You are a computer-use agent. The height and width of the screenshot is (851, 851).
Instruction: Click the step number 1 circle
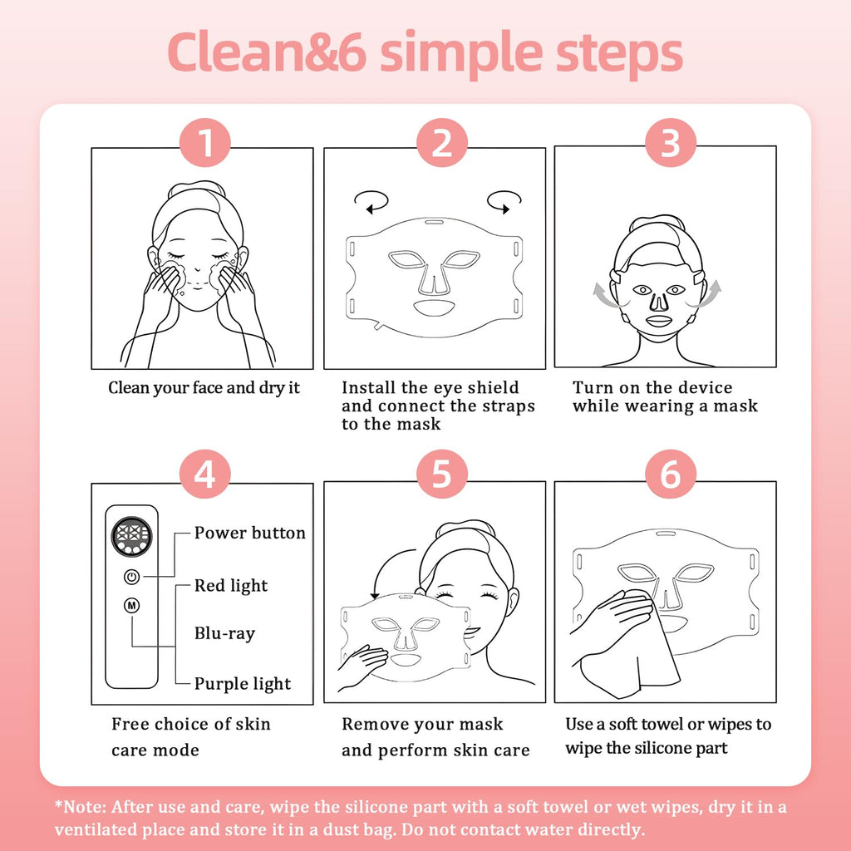coord(205,142)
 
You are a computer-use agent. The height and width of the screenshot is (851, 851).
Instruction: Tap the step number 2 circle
coord(442,142)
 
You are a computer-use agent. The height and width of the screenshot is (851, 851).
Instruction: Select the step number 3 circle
coord(671,142)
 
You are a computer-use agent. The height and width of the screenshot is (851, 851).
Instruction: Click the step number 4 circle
coord(205,474)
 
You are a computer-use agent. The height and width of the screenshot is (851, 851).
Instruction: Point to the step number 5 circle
coord(442,474)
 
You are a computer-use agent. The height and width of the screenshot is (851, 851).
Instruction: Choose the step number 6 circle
coord(671,474)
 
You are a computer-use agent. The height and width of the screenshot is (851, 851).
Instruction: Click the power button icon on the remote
coord(132,577)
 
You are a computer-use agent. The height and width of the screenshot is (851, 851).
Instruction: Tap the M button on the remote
coord(132,605)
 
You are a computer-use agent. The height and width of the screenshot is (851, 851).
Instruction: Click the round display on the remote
coord(131,535)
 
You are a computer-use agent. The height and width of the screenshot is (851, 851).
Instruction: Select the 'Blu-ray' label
coord(224,634)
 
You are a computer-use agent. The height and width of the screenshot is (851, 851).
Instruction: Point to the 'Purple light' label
coord(243,684)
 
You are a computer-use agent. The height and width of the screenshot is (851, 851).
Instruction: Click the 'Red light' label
coord(231,586)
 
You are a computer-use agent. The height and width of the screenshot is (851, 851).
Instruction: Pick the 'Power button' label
coord(250,533)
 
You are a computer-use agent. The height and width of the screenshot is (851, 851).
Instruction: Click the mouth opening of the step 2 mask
coord(434,309)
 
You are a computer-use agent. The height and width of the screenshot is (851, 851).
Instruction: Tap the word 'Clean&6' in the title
coord(267,52)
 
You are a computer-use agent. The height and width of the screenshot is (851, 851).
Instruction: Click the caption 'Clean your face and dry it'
coord(204,388)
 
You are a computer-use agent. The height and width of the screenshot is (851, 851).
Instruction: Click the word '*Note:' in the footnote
coord(81,807)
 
